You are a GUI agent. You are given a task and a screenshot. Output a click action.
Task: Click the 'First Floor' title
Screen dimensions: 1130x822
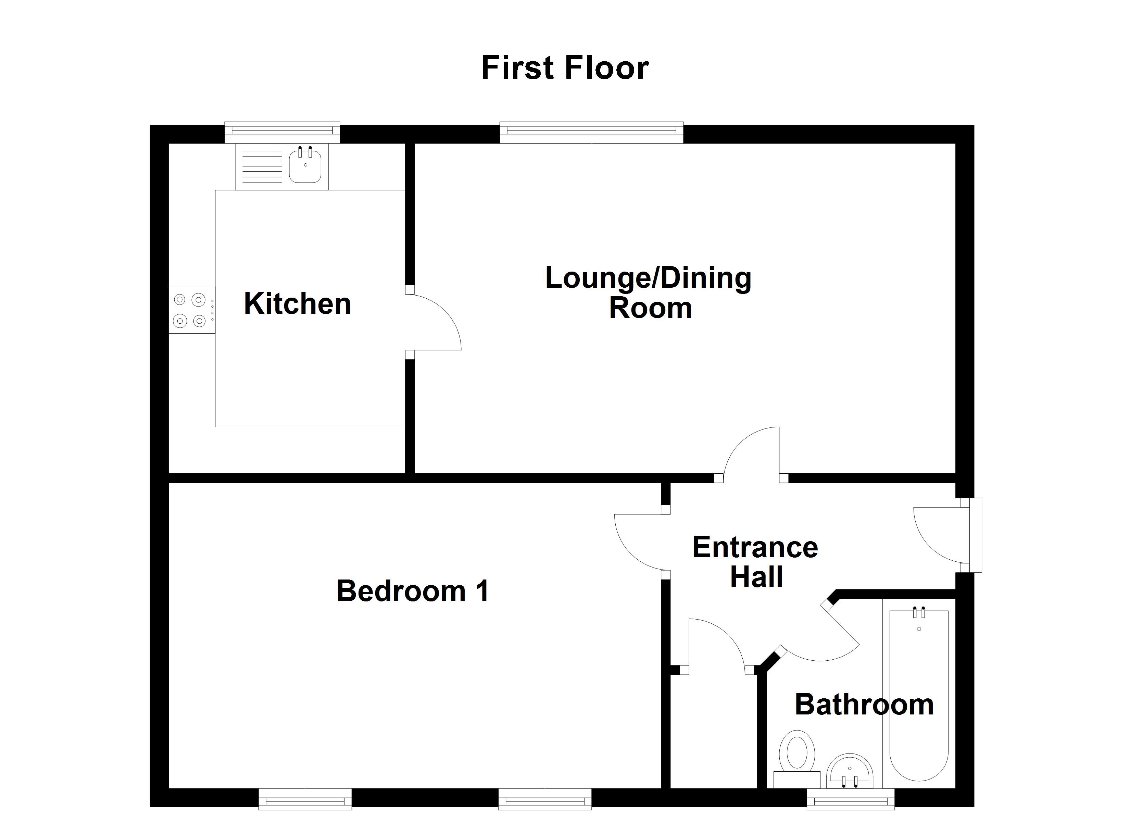[x=565, y=68]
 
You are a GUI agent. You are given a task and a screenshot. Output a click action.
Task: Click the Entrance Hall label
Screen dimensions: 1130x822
[x=755, y=562]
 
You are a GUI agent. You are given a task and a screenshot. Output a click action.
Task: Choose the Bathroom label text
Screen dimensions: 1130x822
[x=864, y=705]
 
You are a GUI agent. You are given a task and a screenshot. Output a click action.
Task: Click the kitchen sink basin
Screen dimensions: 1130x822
[x=305, y=164]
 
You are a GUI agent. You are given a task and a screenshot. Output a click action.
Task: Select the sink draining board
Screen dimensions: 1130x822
[x=262, y=166]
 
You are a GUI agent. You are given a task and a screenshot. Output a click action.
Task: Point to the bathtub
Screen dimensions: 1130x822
[x=919, y=695]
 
